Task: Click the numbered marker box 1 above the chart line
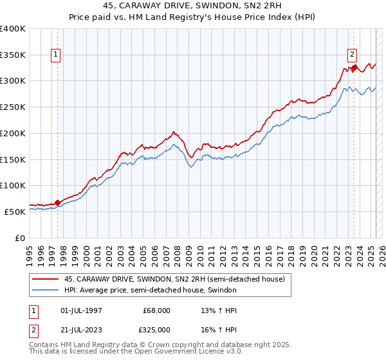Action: point(57,55)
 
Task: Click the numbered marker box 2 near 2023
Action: point(353,55)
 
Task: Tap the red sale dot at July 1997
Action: point(57,203)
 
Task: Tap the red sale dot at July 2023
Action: point(354,67)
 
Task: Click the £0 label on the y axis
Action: point(21,238)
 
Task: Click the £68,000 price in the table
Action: point(156,310)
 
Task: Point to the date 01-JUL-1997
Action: point(77,310)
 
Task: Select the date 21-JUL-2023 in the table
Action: point(77,329)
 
